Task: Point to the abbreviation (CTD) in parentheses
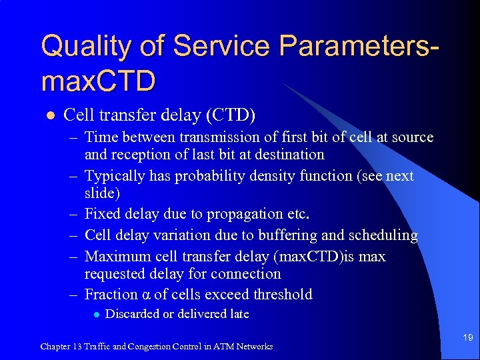click(231, 115)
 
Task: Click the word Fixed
click(103, 214)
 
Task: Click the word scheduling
click(385, 235)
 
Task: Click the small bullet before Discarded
click(97, 315)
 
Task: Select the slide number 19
click(468, 338)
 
